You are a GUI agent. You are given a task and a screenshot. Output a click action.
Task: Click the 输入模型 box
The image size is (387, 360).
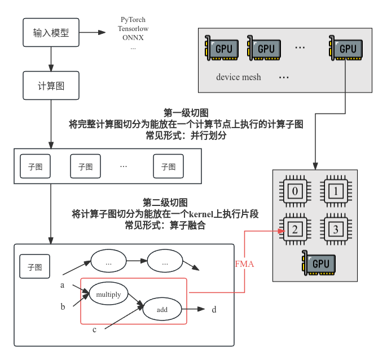pyautogui.click(x=51, y=33)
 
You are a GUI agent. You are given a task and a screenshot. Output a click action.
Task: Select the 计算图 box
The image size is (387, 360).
pyautogui.click(x=51, y=86)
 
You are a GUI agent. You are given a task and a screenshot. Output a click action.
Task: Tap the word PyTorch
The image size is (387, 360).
pyautogui.click(x=133, y=20)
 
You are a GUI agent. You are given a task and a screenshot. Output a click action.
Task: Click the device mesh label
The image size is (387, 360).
pyautogui.click(x=238, y=77)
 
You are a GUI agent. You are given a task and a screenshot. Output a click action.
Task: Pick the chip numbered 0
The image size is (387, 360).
pyautogui.click(x=295, y=192)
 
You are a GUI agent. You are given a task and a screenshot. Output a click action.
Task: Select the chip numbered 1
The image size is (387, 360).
pyautogui.click(x=336, y=192)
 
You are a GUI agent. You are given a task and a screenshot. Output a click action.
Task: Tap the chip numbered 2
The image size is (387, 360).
pyautogui.click(x=295, y=229)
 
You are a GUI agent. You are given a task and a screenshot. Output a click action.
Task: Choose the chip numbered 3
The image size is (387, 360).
pyautogui.click(x=336, y=229)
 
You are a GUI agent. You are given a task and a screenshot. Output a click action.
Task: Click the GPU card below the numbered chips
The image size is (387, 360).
pyautogui.click(x=319, y=263)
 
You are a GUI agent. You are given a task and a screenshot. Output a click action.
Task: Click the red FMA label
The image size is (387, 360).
pyautogui.click(x=244, y=264)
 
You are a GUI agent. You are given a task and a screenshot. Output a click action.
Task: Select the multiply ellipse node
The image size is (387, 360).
pyautogui.click(x=108, y=295)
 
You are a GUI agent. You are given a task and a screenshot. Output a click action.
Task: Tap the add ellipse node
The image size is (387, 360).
pyautogui.click(x=162, y=309)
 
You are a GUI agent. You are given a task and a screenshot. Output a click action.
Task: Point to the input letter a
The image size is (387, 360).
pyautogui.click(x=63, y=285)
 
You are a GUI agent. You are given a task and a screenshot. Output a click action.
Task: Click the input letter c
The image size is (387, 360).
pyautogui.click(x=95, y=329)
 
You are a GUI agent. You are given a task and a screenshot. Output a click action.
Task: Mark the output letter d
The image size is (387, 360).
pyautogui.click(x=214, y=309)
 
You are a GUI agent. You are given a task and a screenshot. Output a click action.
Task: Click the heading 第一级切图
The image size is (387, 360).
pyautogui.click(x=186, y=112)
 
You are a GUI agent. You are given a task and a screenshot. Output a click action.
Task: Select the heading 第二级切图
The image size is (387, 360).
pyautogui.click(x=165, y=202)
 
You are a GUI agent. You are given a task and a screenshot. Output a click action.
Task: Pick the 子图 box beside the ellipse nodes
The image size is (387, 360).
pyautogui.click(x=35, y=266)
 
